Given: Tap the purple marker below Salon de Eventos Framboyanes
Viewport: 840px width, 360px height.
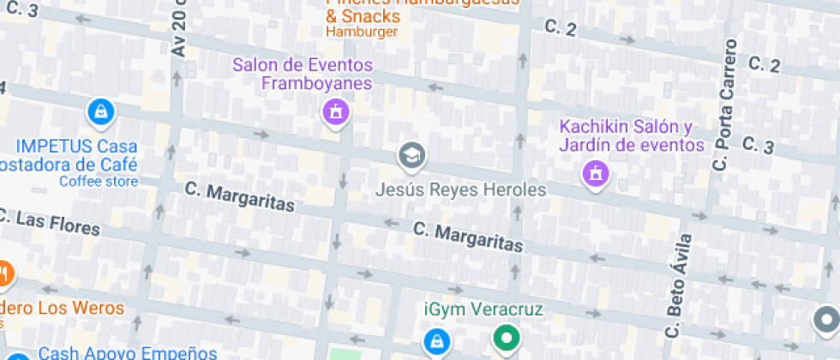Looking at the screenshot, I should pyautogui.click(x=334, y=111).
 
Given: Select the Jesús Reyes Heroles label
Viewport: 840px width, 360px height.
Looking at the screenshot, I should pyautogui.click(x=461, y=189).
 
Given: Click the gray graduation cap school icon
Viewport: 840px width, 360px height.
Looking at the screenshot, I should pyautogui.click(x=412, y=155).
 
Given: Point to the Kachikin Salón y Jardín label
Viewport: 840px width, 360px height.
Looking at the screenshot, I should pyautogui.click(x=632, y=135).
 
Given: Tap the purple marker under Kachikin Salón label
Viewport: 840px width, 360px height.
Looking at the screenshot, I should pyautogui.click(x=594, y=174).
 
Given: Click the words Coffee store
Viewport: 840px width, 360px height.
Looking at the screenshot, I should pyautogui.click(x=98, y=181).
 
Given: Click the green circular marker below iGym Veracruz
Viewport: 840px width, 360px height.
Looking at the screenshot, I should pyautogui.click(x=507, y=337).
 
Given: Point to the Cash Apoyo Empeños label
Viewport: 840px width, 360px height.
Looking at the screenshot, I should pyautogui.click(x=128, y=352).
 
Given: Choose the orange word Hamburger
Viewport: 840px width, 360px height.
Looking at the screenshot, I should pyautogui.click(x=361, y=33).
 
